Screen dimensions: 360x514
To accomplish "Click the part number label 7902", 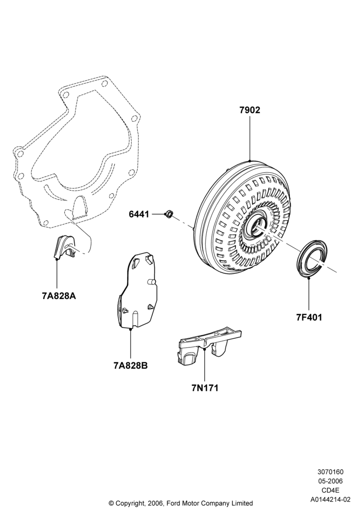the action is pos(249,110).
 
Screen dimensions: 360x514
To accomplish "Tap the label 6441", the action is pos(139,214).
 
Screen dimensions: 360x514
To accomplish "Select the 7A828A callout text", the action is pos(59,296).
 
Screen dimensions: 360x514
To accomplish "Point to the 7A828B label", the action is pos(131,365).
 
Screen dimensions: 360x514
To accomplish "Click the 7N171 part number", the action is pos(205,388).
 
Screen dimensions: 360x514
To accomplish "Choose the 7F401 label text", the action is pos(309,317).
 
